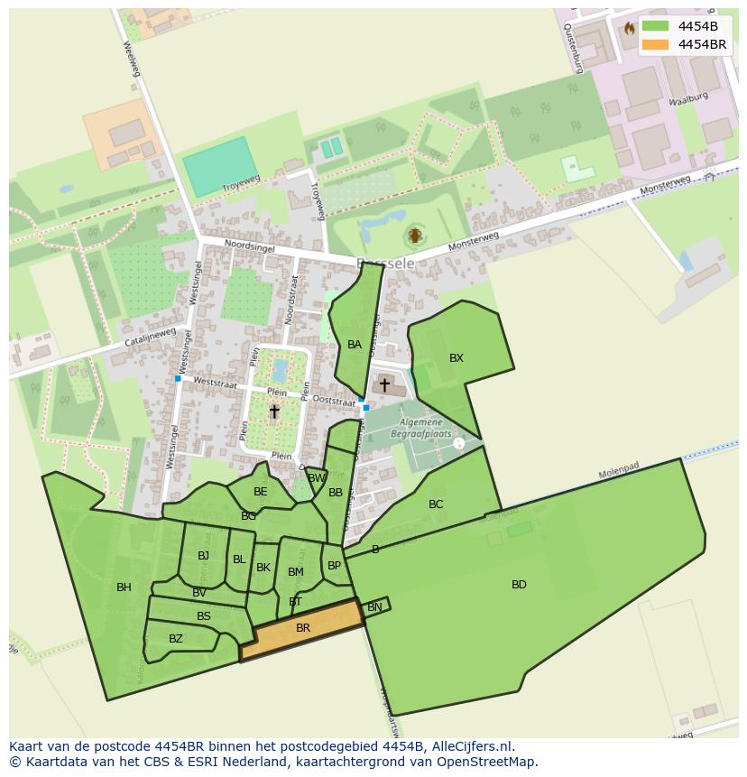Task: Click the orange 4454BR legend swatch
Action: (655, 44)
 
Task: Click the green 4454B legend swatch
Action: (655, 26)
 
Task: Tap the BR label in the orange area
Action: (303, 628)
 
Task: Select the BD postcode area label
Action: (519, 585)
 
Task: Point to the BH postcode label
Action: (124, 587)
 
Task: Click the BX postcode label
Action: (456, 358)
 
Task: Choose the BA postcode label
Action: (355, 345)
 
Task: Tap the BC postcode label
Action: (436, 504)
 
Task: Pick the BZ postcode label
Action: (176, 639)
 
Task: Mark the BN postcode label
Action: (374, 607)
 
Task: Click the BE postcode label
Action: (261, 492)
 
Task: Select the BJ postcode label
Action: (203, 556)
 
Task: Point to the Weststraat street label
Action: (215, 384)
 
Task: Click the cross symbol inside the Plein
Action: (274, 412)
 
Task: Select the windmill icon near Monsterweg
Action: (415, 236)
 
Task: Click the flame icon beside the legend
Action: (629, 28)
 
